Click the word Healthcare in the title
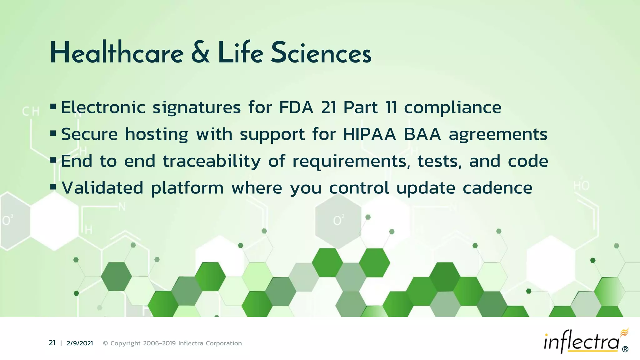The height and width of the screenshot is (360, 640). click(117, 53)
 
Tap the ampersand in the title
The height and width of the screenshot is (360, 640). click(200, 53)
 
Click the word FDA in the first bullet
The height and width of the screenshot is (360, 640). click(296, 107)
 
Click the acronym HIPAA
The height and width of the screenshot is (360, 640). click(369, 134)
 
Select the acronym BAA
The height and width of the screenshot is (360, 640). click(422, 134)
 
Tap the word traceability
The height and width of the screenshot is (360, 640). click(212, 162)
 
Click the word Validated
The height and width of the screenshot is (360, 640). click(102, 188)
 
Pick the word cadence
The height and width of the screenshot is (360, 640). click(497, 188)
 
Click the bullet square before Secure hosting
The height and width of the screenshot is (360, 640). click(53, 134)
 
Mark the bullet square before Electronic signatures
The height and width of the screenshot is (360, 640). click(53, 107)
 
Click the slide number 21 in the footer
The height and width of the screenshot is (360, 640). click(52, 343)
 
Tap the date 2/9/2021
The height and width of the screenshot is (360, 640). click(80, 343)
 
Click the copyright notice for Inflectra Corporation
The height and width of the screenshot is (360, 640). click(172, 343)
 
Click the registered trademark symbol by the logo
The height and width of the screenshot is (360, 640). click(625, 349)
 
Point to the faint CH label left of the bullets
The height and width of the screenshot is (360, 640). click(31, 111)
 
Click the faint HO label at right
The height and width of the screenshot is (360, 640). click(582, 186)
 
